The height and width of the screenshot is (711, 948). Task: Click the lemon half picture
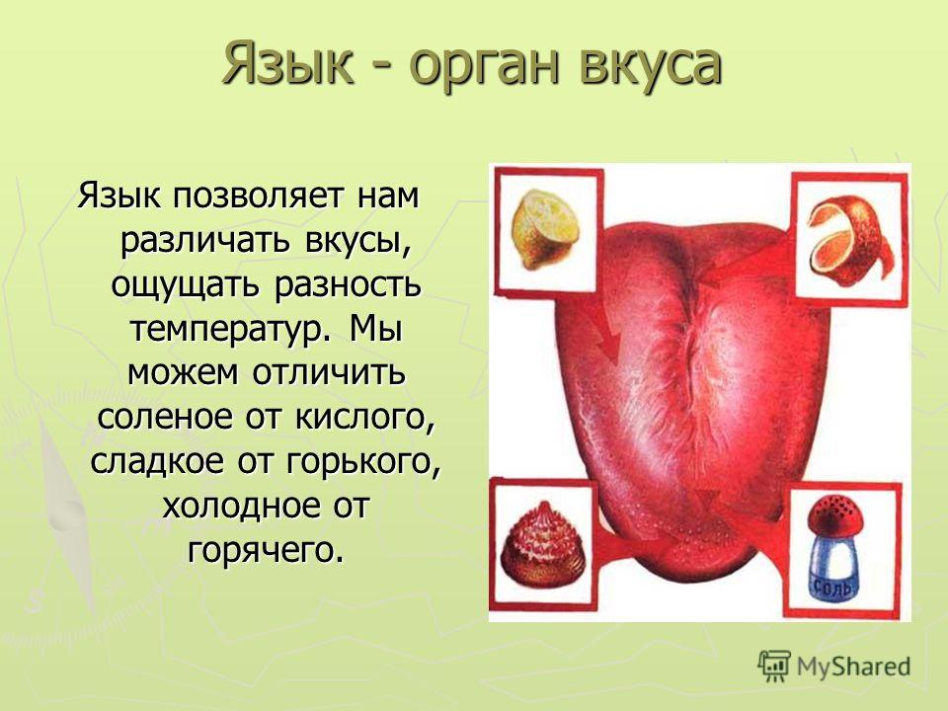pyautogui.click(x=545, y=230)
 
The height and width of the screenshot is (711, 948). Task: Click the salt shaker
pyautogui.click(x=836, y=548)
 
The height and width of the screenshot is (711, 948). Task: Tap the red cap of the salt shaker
pyautogui.click(x=836, y=516)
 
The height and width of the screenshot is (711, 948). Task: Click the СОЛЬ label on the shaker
pyautogui.click(x=833, y=587)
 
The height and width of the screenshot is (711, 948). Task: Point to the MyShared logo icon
pyautogui.click(x=774, y=667)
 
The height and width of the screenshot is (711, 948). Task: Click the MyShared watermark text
pyautogui.click(x=853, y=667)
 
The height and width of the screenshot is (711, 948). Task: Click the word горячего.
pyautogui.click(x=266, y=551)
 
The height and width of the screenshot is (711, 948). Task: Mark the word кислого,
pyautogui.click(x=365, y=418)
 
